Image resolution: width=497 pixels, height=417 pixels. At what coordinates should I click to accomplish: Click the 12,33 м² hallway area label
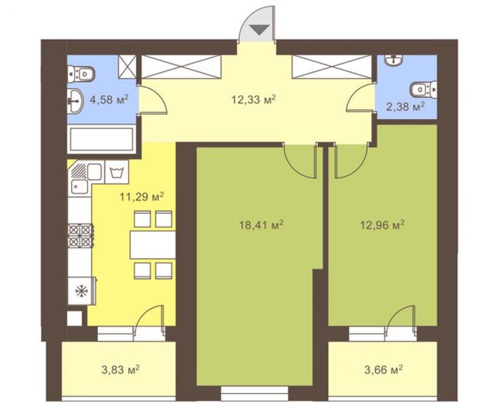[x=253, y=100]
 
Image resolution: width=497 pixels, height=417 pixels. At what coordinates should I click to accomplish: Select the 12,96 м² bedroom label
[x=382, y=225]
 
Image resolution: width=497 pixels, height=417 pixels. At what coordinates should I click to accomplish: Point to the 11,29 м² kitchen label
[x=142, y=197]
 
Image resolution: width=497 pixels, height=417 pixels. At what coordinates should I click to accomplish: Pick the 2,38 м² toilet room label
[x=406, y=107]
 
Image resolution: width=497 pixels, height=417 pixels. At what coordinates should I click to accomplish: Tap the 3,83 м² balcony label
[x=120, y=369]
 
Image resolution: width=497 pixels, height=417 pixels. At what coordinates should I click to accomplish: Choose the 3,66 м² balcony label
[x=384, y=369]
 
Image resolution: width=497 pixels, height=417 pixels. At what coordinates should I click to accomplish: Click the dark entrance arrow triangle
[x=260, y=30]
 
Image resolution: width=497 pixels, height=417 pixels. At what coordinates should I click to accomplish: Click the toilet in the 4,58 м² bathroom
[x=82, y=74]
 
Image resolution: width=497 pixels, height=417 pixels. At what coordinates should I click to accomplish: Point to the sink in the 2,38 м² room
[x=394, y=60]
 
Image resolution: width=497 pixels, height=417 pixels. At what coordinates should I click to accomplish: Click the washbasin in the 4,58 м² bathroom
[x=75, y=101]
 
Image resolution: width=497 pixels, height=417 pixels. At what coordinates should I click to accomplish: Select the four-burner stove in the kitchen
[x=81, y=236]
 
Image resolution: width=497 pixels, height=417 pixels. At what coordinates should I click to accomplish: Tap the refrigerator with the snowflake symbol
[x=82, y=291]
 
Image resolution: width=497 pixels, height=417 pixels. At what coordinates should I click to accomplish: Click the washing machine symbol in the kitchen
[x=117, y=172]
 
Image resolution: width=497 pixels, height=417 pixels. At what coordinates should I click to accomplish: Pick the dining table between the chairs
[x=153, y=245]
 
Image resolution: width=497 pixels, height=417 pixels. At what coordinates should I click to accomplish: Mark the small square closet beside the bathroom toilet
[x=127, y=67]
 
